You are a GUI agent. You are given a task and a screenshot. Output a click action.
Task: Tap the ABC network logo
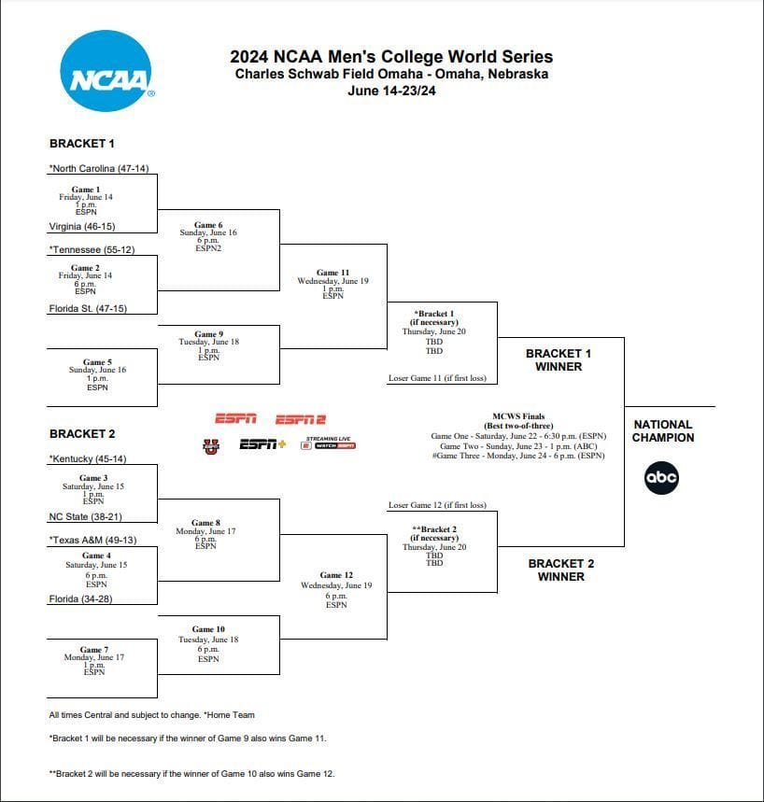click(x=661, y=478)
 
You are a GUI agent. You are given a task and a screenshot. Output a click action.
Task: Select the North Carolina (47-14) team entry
click(x=99, y=169)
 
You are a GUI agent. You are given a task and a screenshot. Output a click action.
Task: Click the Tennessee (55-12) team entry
click(x=96, y=250)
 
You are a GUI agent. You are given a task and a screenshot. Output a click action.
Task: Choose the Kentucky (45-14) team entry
click(x=90, y=459)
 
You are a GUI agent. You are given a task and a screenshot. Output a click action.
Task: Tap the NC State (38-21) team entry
click(x=86, y=516)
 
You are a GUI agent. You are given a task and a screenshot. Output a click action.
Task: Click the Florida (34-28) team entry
click(x=80, y=598)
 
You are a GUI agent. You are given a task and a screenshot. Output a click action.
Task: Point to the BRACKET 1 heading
click(x=82, y=144)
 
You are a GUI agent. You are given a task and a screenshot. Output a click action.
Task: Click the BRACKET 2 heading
click(x=82, y=434)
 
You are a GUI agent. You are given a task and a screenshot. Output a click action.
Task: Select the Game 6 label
click(x=208, y=225)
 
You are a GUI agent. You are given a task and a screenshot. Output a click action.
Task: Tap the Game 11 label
click(x=332, y=273)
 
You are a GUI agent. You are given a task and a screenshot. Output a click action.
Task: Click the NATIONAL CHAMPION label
click(x=663, y=430)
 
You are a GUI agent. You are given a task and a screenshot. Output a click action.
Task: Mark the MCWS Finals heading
click(x=518, y=416)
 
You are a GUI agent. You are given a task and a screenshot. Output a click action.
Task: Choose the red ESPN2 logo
click(x=300, y=419)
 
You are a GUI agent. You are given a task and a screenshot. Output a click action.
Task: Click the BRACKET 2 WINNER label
click(x=560, y=570)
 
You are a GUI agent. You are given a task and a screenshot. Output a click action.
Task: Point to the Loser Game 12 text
click(x=436, y=505)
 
